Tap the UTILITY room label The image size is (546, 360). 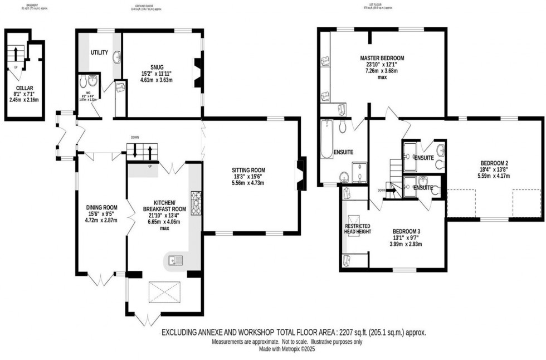99,52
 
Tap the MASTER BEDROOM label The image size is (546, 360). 382,58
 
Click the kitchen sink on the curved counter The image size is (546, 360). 173,260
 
